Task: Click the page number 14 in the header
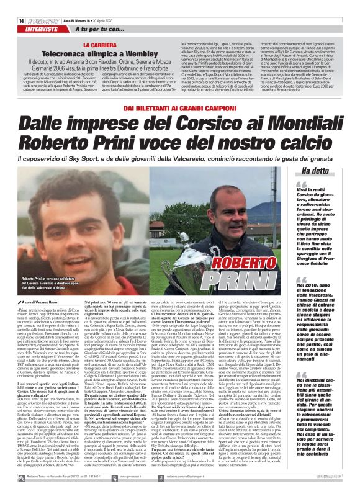13,4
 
